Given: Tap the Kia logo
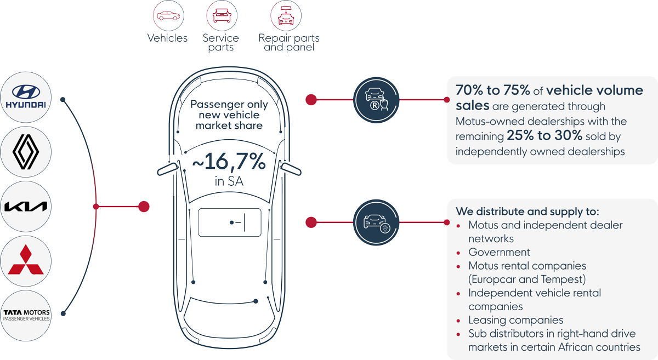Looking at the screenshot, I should [26, 206].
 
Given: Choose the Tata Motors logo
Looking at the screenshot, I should [26, 315].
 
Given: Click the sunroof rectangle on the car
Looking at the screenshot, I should [229, 222].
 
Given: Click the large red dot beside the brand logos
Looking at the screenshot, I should [144, 207].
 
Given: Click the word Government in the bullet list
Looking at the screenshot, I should [499, 252].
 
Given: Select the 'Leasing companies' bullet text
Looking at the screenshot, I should [515, 320].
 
